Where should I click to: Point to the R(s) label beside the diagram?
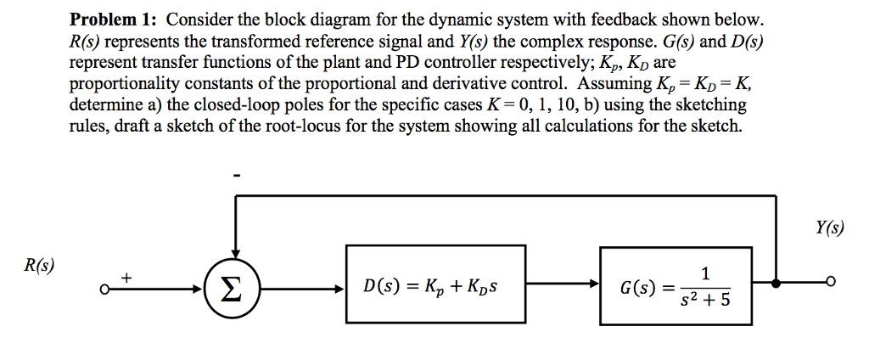[40, 265]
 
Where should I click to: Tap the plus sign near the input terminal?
[127, 277]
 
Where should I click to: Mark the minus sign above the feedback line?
[238, 175]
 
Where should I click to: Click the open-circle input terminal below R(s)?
[102, 289]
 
